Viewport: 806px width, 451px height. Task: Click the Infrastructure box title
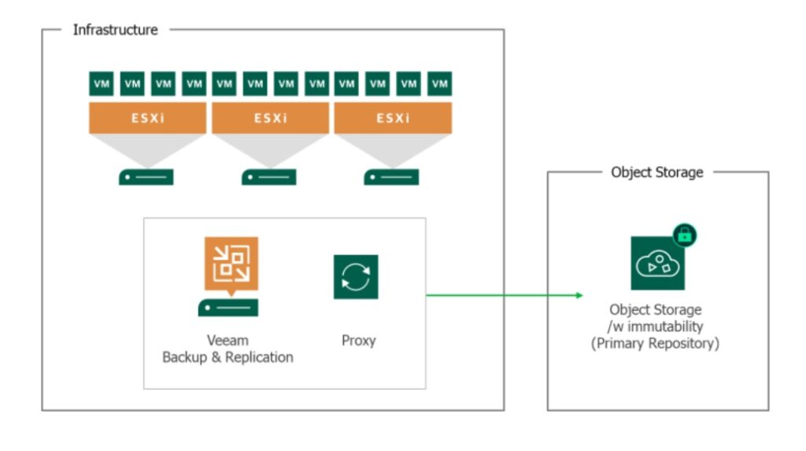115,30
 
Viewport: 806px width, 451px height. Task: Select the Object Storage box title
656,172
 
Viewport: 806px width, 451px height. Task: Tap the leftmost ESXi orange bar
147,118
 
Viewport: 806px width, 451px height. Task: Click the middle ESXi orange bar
270,118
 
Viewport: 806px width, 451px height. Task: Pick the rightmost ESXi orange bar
393,118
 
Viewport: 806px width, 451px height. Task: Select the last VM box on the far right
439,83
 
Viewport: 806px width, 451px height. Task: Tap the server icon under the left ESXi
146,177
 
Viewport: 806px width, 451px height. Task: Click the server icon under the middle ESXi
269,177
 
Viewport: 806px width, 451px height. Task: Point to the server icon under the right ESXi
391,177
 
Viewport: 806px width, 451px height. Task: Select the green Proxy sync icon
356,276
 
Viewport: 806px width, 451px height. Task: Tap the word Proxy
358,341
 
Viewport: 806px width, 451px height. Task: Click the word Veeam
227,341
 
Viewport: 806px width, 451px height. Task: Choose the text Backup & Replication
227,357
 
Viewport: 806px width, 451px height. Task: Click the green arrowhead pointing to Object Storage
579,296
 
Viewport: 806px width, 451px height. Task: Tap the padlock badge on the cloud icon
684,235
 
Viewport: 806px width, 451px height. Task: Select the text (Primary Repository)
656,344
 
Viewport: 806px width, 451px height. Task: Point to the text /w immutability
656,327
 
